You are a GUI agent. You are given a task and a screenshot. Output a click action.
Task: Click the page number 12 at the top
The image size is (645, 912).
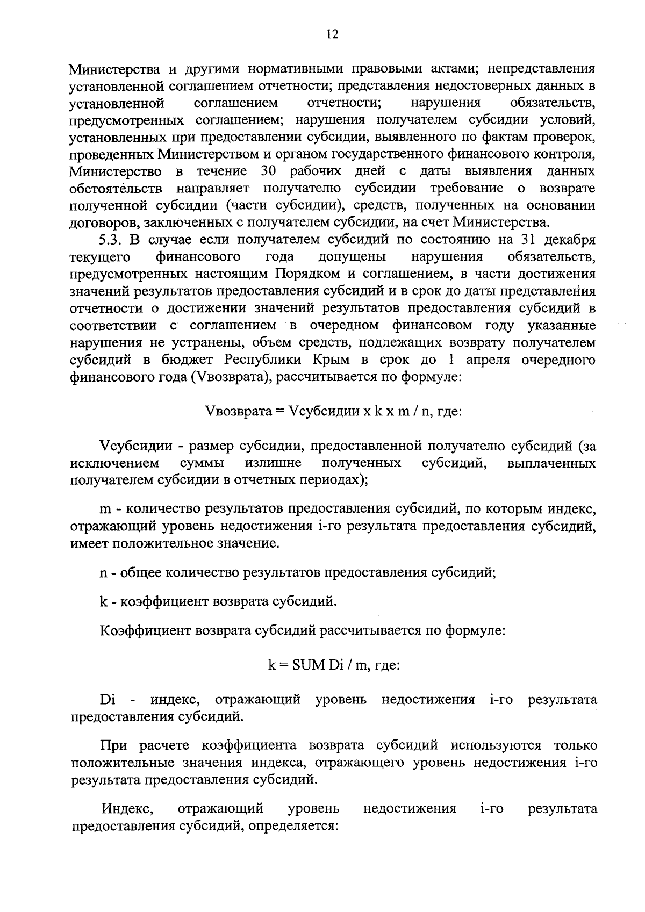point(332,35)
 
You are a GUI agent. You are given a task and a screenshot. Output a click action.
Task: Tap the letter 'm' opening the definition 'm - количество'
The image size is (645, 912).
point(105,508)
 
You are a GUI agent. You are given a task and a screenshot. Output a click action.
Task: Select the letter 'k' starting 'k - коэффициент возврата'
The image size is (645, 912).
point(104,601)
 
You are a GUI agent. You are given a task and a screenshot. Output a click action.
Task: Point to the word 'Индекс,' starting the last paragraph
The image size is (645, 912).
point(128,809)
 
